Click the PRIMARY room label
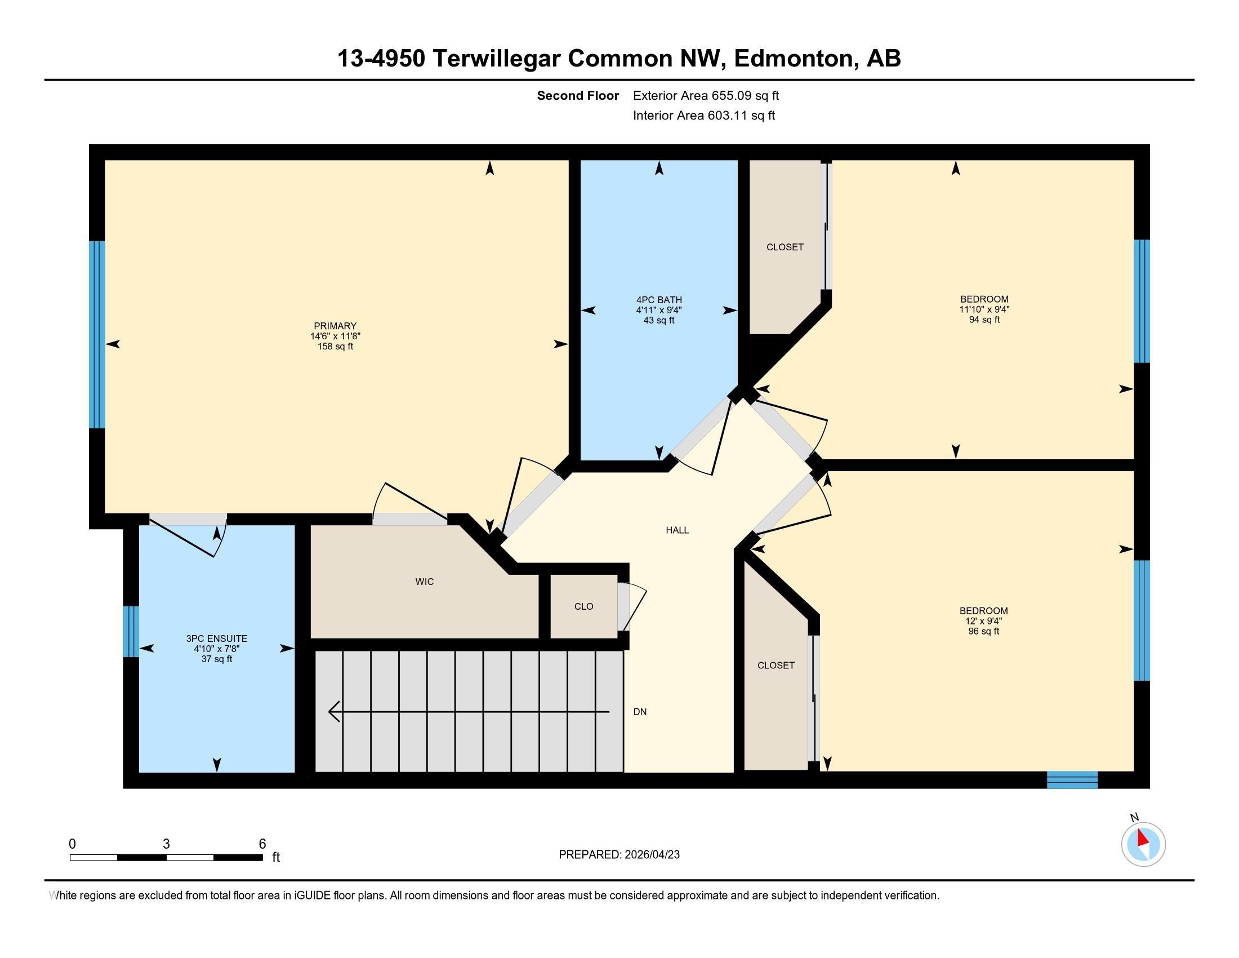coord(335,326)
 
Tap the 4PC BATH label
coord(659,300)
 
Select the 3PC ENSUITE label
coord(217,638)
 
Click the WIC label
coord(424,582)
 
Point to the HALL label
coord(678,530)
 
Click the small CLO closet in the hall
coord(584,606)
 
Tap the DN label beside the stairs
coord(640,712)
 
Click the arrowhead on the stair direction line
coord(334,712)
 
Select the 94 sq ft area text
coord(984,320)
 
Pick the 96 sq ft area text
coord(984,631)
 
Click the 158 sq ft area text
coord(335,346)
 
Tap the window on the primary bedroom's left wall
coord(97,334)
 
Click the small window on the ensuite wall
coord(131,632)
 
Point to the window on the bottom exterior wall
coord(1072,780)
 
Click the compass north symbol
coord(1144,845)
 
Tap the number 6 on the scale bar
coord(262,844)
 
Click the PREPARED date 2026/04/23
coord(651,855)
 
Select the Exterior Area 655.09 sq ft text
coord(706,96)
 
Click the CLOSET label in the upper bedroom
coord(785,247)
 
